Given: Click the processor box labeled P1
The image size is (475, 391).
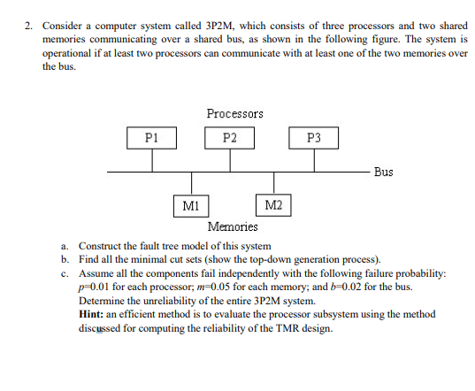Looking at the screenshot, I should point(151,138).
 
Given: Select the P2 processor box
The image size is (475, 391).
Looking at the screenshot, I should point(230,138).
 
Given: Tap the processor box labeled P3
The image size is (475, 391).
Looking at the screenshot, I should point(313,138).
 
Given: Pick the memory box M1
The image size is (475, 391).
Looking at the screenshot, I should point(190,206).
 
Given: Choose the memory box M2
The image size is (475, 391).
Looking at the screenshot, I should point(273,206).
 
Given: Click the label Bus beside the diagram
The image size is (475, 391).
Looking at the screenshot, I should point(383,172).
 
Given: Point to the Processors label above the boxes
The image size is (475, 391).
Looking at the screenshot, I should point(234,113).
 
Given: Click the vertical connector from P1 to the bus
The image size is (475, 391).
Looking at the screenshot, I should point(151,159).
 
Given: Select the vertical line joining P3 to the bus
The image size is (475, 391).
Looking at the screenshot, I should point(313,159).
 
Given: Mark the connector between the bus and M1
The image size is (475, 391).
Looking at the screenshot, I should point(190,184).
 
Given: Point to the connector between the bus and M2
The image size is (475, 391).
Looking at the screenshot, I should point(273,184).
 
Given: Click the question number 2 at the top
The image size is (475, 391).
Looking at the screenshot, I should point(28,27).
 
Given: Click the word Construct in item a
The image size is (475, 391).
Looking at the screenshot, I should point(102,246).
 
